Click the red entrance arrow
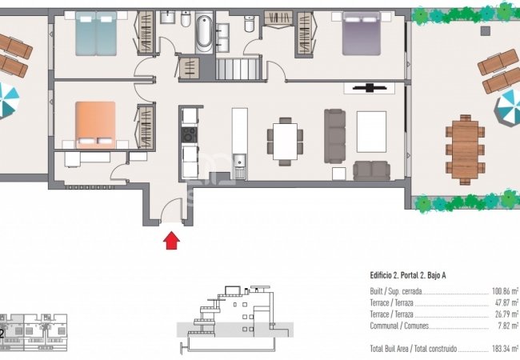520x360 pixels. click(x=171, y=240)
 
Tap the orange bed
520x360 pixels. click(x=95, y=125)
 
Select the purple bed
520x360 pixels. click(x=361, y=34)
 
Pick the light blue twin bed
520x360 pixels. click(x=96, y=34)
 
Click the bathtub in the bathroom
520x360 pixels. click(x=204, y=32)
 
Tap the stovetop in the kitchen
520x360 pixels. click(x=190, y=135)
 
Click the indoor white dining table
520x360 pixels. click(x=286, y=142)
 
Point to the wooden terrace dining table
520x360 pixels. click(x=465, y=149)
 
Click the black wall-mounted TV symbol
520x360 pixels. click(x=370, y=88)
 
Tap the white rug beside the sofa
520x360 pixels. click(x=371, y=132)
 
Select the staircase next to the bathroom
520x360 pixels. click(x=238, y=69)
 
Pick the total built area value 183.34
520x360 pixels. click(x=505, y=349)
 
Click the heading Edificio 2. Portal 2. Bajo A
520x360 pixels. click(x=407, y=275)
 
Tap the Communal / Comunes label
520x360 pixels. click(x=399, y=326)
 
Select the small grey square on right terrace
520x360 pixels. click(x=485, y=31)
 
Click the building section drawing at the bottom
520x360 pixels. click(x=234, y=319)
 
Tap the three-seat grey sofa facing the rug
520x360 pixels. click(x=334, y=136)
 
